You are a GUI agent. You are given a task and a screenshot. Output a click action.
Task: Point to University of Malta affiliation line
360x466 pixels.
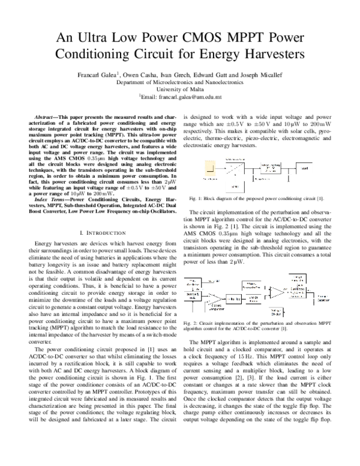[x=179, y=88]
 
